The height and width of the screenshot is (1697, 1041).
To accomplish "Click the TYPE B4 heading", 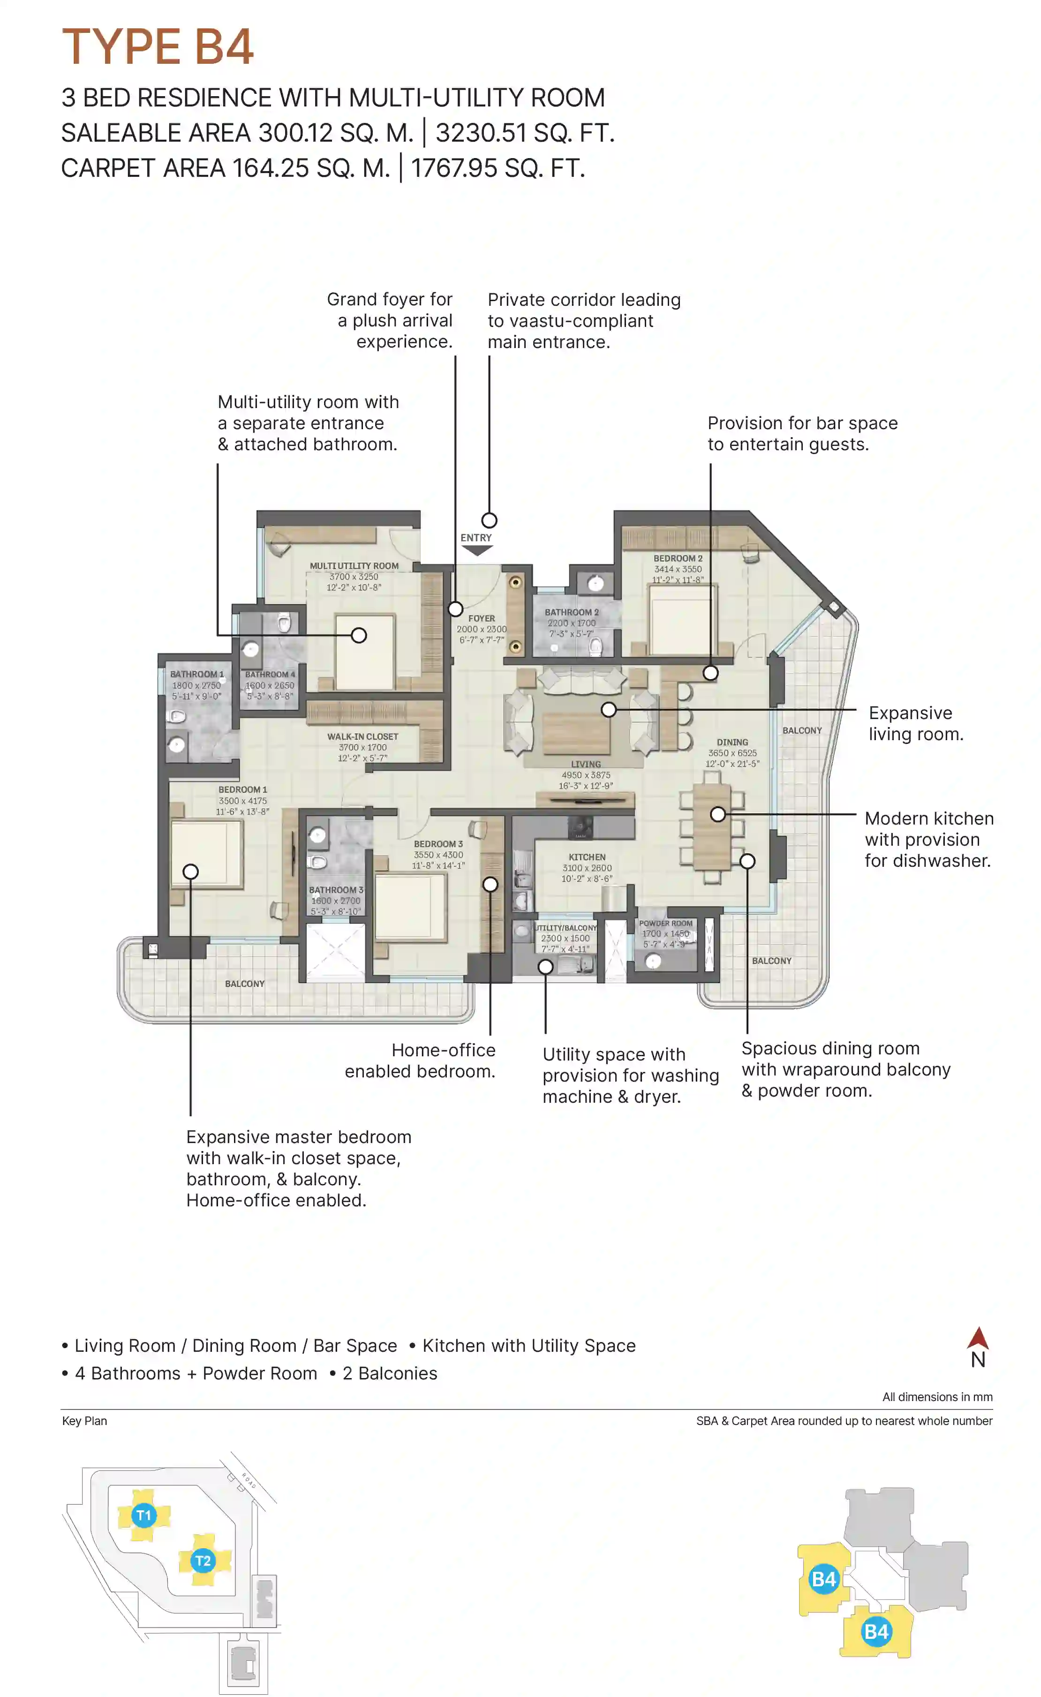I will point(158,47).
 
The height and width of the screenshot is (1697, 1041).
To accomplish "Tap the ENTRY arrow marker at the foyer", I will point(476,550).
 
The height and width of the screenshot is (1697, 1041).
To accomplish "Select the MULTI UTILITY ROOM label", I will point(354,566).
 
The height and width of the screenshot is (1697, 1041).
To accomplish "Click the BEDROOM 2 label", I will point(678,558).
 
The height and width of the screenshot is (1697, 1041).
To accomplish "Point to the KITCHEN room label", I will point(587,857).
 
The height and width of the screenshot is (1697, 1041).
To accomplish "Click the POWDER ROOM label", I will point(665,923).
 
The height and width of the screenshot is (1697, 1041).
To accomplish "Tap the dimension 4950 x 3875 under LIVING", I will point(585,775).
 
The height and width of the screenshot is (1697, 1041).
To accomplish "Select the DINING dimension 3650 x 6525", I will point(732,753).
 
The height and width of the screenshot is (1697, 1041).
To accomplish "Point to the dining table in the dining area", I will point(711,826).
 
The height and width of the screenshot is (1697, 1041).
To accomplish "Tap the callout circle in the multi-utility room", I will point(359,636).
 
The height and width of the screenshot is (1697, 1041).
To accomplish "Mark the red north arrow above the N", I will point(978,1338).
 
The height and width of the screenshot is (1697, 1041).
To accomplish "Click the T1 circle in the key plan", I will point(143,1515).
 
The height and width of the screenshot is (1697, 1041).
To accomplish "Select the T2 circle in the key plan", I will point(203,1561).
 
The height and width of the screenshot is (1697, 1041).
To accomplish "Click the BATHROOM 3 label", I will point(335,890).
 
